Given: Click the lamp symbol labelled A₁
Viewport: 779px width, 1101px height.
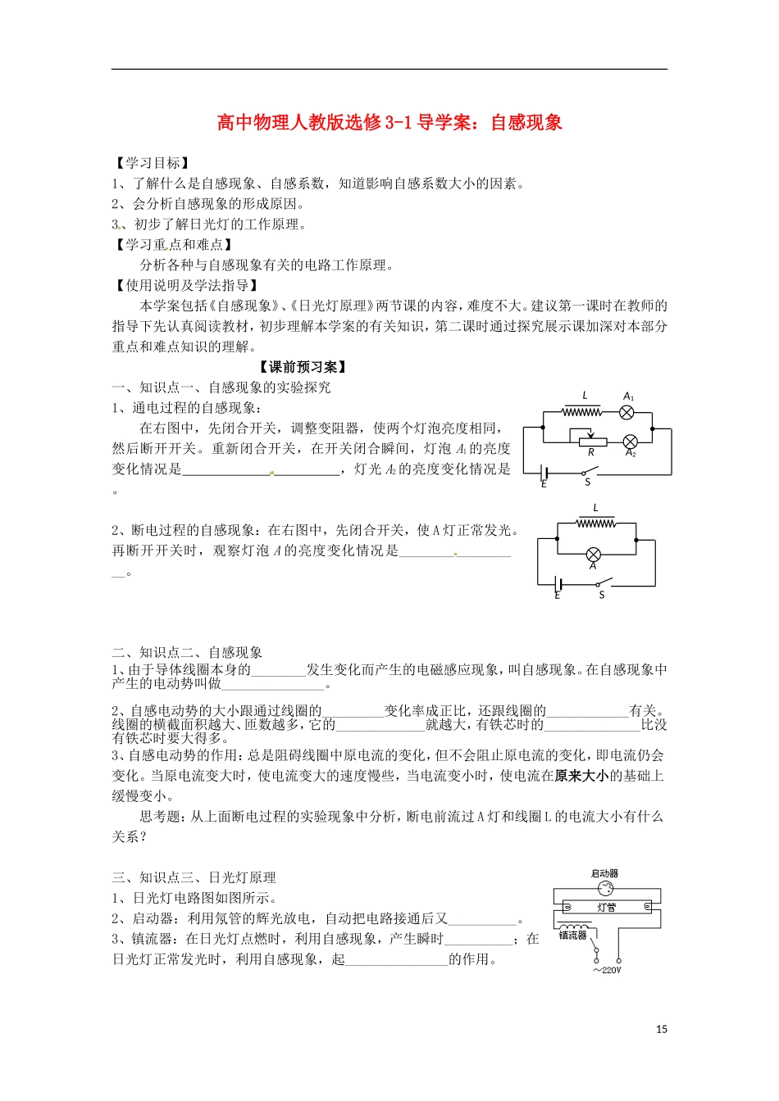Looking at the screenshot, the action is point(627,412).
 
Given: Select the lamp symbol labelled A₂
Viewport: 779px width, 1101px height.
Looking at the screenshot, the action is point(630,442).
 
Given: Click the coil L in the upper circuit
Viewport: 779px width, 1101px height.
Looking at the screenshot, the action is point(583,412).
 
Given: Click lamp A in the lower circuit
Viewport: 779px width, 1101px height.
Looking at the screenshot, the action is point(594,553).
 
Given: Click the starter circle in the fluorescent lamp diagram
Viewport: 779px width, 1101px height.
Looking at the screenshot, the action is point(606,890).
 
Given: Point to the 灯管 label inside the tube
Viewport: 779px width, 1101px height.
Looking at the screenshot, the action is point(607,908).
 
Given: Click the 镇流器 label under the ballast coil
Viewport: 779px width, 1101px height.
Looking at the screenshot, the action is point(573,935).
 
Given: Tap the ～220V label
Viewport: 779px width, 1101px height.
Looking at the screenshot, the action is point(608,971).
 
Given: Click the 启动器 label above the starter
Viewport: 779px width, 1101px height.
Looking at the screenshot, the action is point(605,874).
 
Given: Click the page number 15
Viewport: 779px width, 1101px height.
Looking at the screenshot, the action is point(662,1030).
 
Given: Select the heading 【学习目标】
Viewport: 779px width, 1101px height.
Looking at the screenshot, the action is point(152,163).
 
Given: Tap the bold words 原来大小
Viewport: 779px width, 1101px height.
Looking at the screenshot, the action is point(581,776).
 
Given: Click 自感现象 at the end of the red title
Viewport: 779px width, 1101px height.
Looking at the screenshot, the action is point(526,123).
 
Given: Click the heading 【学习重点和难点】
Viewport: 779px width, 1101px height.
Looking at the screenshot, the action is point(174,244).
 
